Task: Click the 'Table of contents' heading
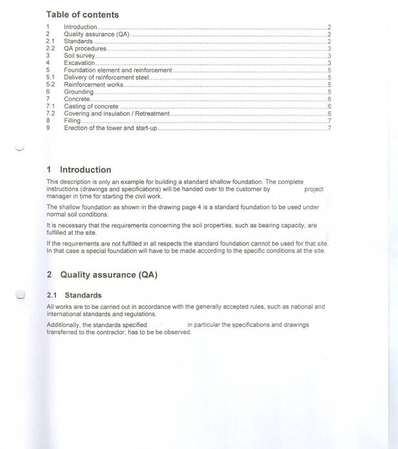tap(83, 14)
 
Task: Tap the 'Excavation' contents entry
tap(79, 63)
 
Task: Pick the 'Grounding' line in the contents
tap(79, 92)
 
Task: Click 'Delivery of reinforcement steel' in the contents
tap(106, 77)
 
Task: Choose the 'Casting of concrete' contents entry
tap(91, 106)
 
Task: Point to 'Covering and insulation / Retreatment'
tap(117, 114)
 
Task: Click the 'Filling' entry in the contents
tap(72, 121)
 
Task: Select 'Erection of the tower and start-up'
tap(110, 128)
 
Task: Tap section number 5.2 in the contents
tap(50, 85)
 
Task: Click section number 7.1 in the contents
tap(50, 106)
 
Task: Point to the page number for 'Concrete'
tap(329, 99)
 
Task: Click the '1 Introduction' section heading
tap(79, 170)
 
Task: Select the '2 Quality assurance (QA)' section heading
tap(102, 274)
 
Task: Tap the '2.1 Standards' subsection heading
tap(74, 295)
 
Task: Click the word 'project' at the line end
tap(313, 190)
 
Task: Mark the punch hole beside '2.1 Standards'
tap(21, 295)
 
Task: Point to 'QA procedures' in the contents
tap(85, 49)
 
